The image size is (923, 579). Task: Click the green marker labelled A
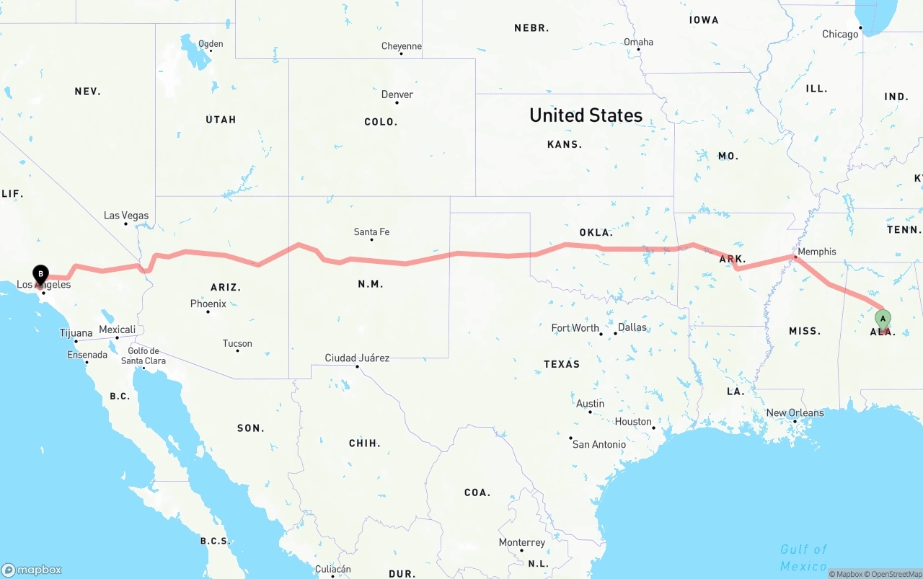(x=883, y=319)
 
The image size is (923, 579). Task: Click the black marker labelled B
(x=41, y=274)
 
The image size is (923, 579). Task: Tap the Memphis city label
(x=817, y=252)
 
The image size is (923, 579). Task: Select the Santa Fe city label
(x=371, y=231)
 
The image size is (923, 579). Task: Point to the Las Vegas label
(x=126, y=216)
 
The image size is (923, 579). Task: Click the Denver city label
(x=397, y=94)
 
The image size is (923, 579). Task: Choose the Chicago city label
(x=840, y=34)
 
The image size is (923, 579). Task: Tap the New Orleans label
(x=795, y=412)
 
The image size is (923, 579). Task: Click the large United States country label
(x=586, y=115)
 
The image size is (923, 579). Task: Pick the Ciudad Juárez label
(x=357, y=358)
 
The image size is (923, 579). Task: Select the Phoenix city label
(x=208, y=304)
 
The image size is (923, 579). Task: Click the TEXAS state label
(x=562, y=364)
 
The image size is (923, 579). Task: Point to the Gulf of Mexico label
(x=803, y=557)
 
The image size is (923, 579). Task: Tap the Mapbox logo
(x=32, y=570)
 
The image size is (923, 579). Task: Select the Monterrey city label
(x=522, y=542)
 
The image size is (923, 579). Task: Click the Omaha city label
(x=638, y=42)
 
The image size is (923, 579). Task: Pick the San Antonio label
(x=599, y=444)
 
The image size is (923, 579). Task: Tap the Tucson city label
(x=237, y=343)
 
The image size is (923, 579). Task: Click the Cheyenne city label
(x=402, y=46)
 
